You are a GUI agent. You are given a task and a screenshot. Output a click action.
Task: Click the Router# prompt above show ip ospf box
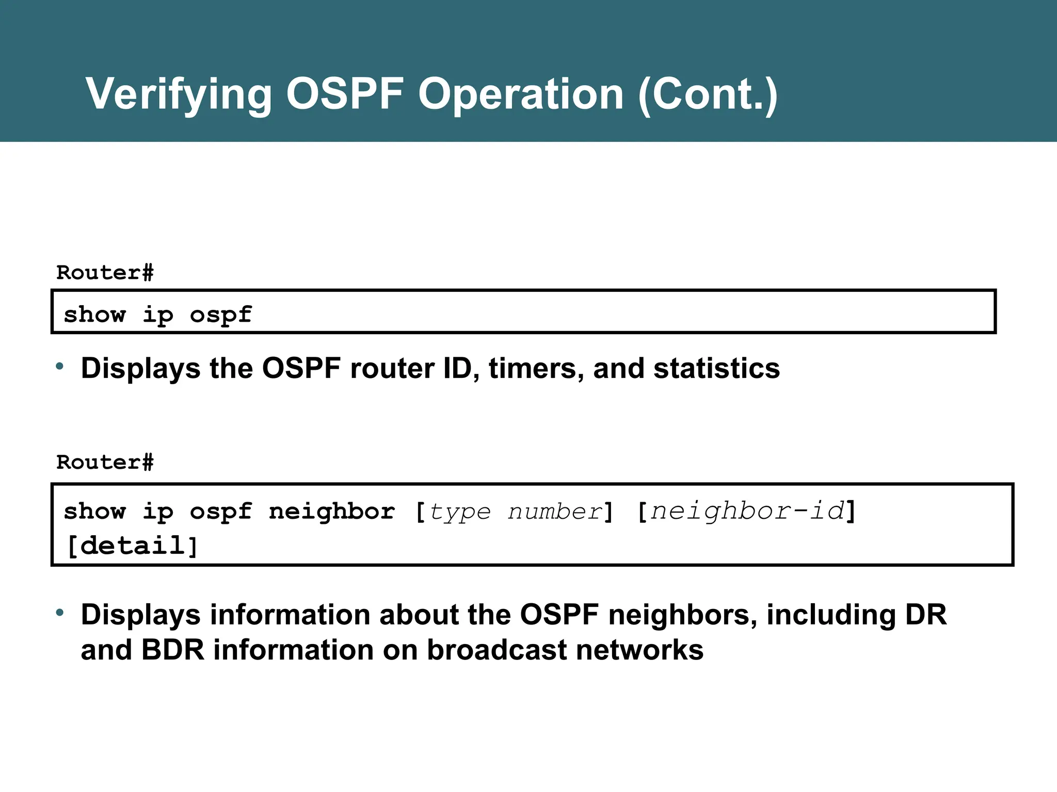[x=105, y=273]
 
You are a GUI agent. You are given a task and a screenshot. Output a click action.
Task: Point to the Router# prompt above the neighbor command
[x=105, y=463]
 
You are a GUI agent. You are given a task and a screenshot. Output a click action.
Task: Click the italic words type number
[x=515, y=512]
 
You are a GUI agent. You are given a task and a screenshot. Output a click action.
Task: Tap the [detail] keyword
[x=132, y=546]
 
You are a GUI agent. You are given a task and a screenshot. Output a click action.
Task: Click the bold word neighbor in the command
[x=332, y=512]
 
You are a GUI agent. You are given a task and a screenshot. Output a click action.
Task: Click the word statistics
[x=716, y=369]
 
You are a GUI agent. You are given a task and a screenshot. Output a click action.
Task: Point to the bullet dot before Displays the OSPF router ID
[x=60, y=367]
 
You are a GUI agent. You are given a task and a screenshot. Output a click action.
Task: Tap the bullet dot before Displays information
[x=60, y=613]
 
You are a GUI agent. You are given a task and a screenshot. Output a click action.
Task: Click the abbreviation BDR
[x=173, y=650]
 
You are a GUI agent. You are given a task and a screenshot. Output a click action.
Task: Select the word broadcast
[x=497, y=650]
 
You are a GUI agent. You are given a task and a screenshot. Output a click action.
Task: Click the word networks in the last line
[x=639, y=650]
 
